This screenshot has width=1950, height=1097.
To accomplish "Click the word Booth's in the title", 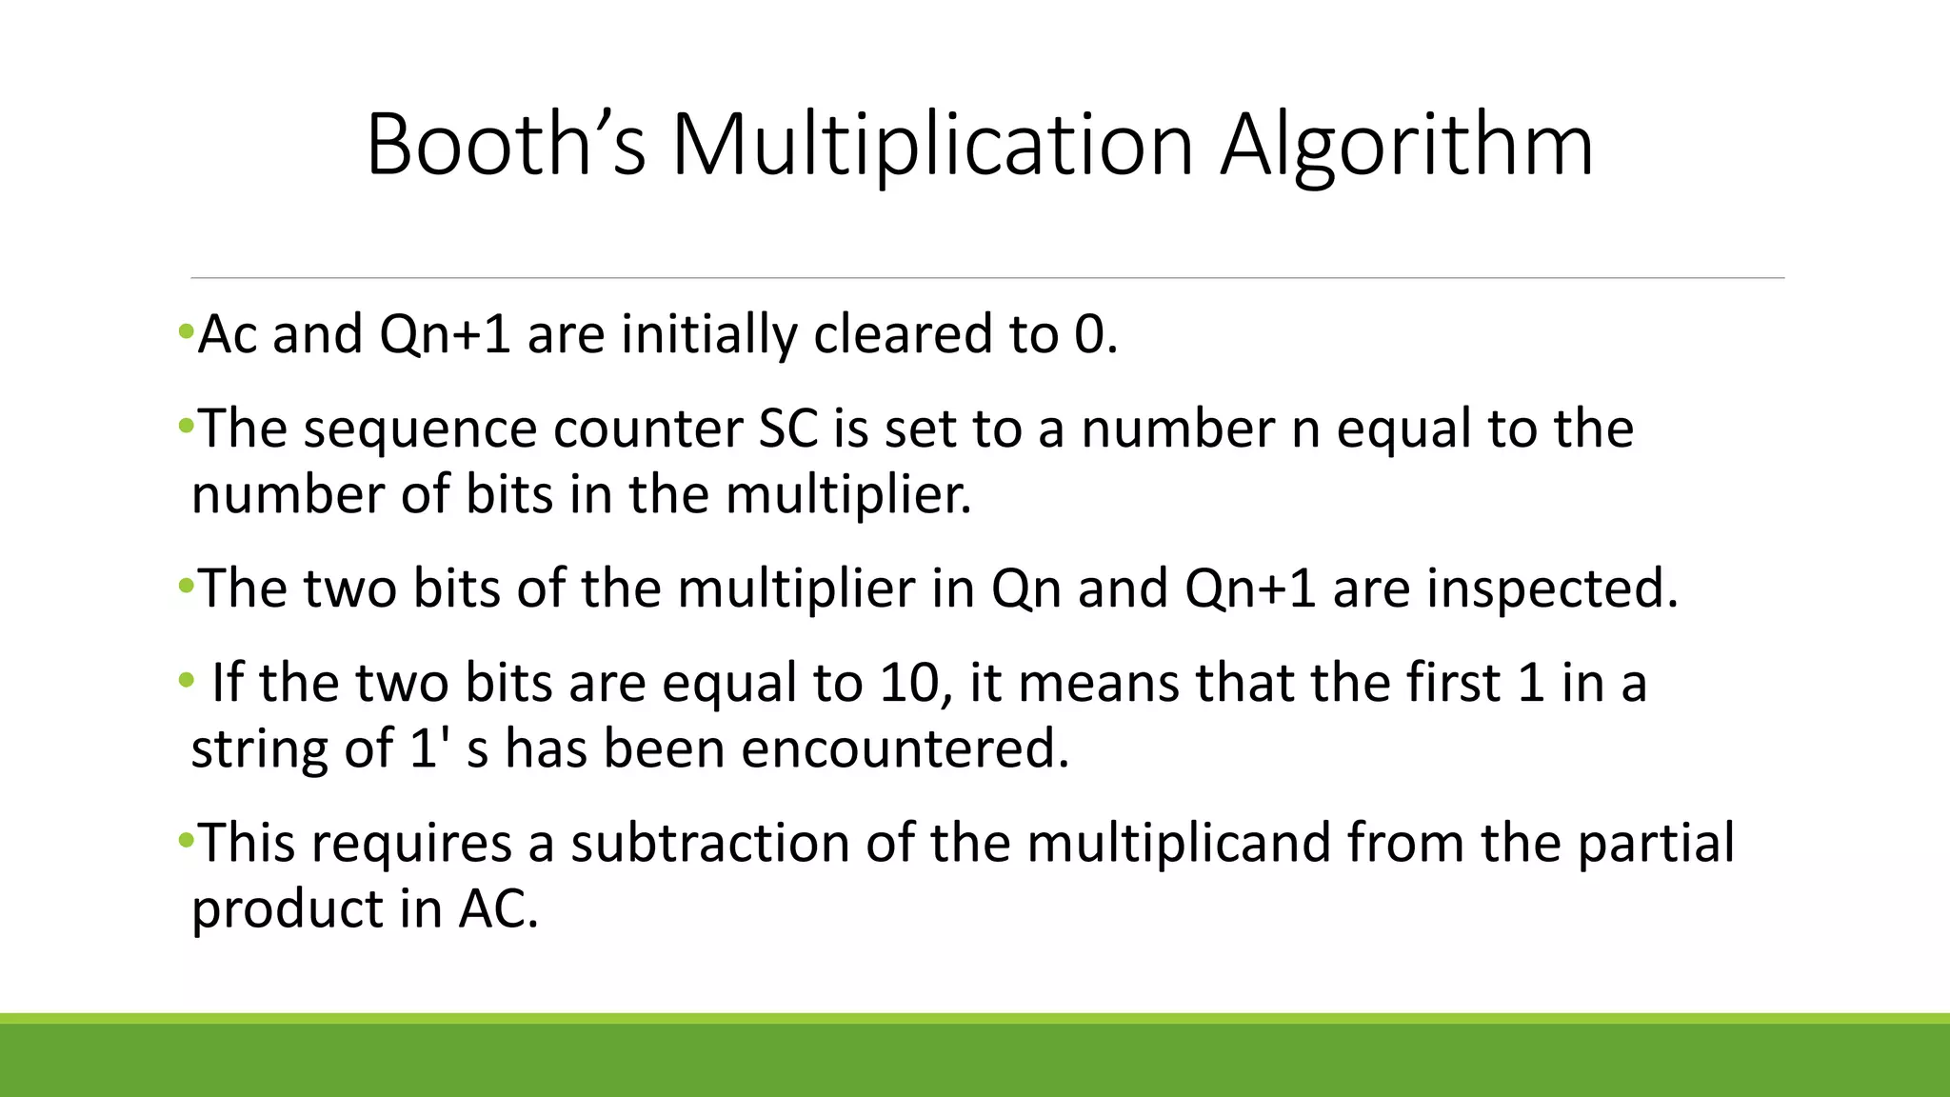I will (506, 145).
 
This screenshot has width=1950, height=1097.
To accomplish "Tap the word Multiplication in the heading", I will (932, 145).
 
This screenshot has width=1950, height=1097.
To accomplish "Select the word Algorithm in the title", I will (1406, 145).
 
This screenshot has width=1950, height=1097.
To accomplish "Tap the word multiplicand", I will (1178, 843).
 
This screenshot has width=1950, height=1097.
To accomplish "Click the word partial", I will (1656, 843).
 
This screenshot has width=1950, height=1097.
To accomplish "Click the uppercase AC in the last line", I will (497, 908).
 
